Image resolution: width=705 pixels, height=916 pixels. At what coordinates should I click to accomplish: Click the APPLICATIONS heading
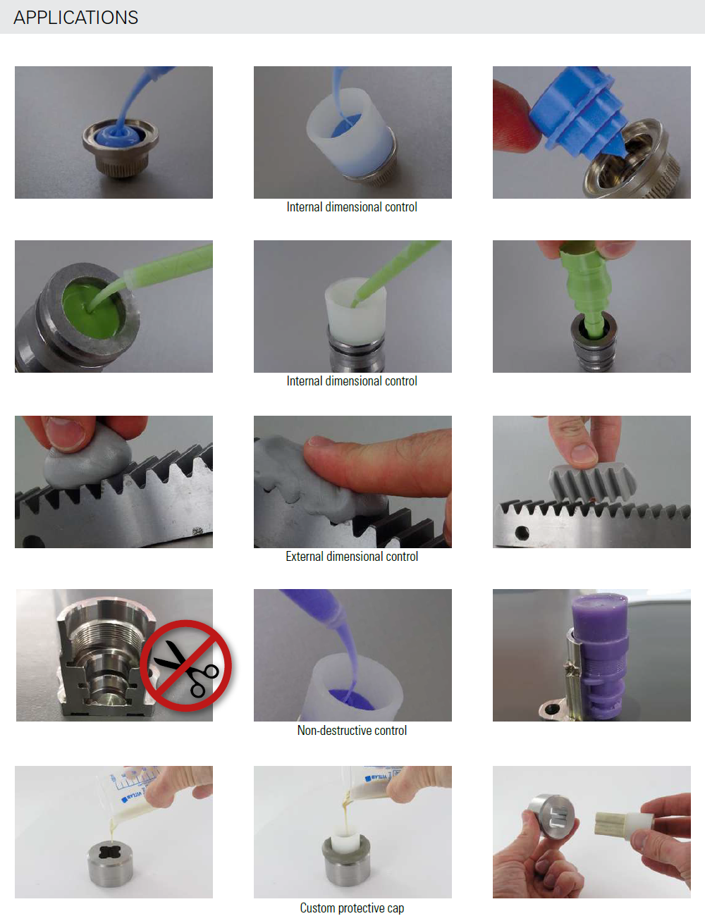[x=76, y=18]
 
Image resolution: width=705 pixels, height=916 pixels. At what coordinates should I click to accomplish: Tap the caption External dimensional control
[x=352, y=557]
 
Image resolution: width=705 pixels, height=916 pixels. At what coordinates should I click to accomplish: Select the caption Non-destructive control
[x=352, y=730]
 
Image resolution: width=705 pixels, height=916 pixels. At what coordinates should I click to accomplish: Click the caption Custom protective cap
[x=352, y=908]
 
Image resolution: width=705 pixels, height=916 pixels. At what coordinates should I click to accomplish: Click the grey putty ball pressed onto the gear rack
[x=87, y=464]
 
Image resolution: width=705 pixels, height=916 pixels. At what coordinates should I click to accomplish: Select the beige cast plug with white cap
[x=624, y=820]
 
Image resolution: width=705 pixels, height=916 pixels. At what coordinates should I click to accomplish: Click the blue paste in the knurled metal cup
[x=120, y=134]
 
